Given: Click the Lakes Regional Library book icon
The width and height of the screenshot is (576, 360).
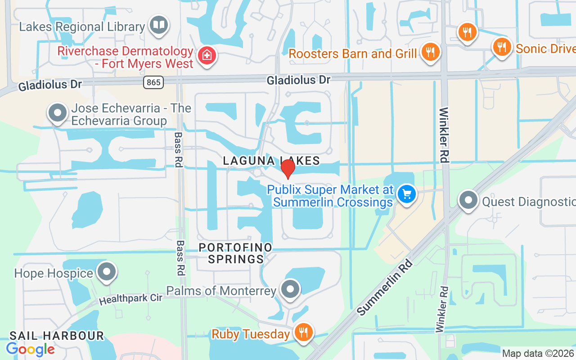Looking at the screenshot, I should coord(158,25).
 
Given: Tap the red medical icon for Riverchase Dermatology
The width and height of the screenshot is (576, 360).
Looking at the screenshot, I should coord(207,56).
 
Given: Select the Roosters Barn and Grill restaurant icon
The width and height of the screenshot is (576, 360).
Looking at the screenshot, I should coord(431,52).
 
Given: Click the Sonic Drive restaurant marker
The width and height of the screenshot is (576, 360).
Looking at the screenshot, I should coord(502,46).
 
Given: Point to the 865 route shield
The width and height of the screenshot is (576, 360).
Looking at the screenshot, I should coord(154,82).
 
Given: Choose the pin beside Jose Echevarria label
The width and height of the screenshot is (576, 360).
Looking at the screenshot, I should coord(58,112).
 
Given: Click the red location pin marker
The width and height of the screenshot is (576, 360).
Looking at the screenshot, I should coord(288,168).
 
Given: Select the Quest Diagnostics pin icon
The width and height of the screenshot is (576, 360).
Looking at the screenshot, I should coord(468,200).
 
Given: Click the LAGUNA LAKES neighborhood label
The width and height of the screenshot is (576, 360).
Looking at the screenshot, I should coord(271,161).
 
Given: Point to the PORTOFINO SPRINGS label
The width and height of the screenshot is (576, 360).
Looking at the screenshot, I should coord(235,253).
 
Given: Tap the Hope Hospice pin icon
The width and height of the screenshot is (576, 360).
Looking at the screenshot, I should coord(107,272).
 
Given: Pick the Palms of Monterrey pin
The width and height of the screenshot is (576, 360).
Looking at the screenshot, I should coord(290,289).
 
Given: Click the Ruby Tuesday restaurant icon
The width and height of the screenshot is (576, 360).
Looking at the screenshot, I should coord(304,333).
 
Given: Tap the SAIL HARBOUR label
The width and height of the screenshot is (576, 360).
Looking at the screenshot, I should coord(57,336).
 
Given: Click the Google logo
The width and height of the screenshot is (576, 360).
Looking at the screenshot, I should coord(30,349).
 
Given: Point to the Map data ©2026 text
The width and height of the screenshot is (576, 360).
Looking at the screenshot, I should coord(538,353).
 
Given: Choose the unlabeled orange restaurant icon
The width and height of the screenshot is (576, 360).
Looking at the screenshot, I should coord(467,32).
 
